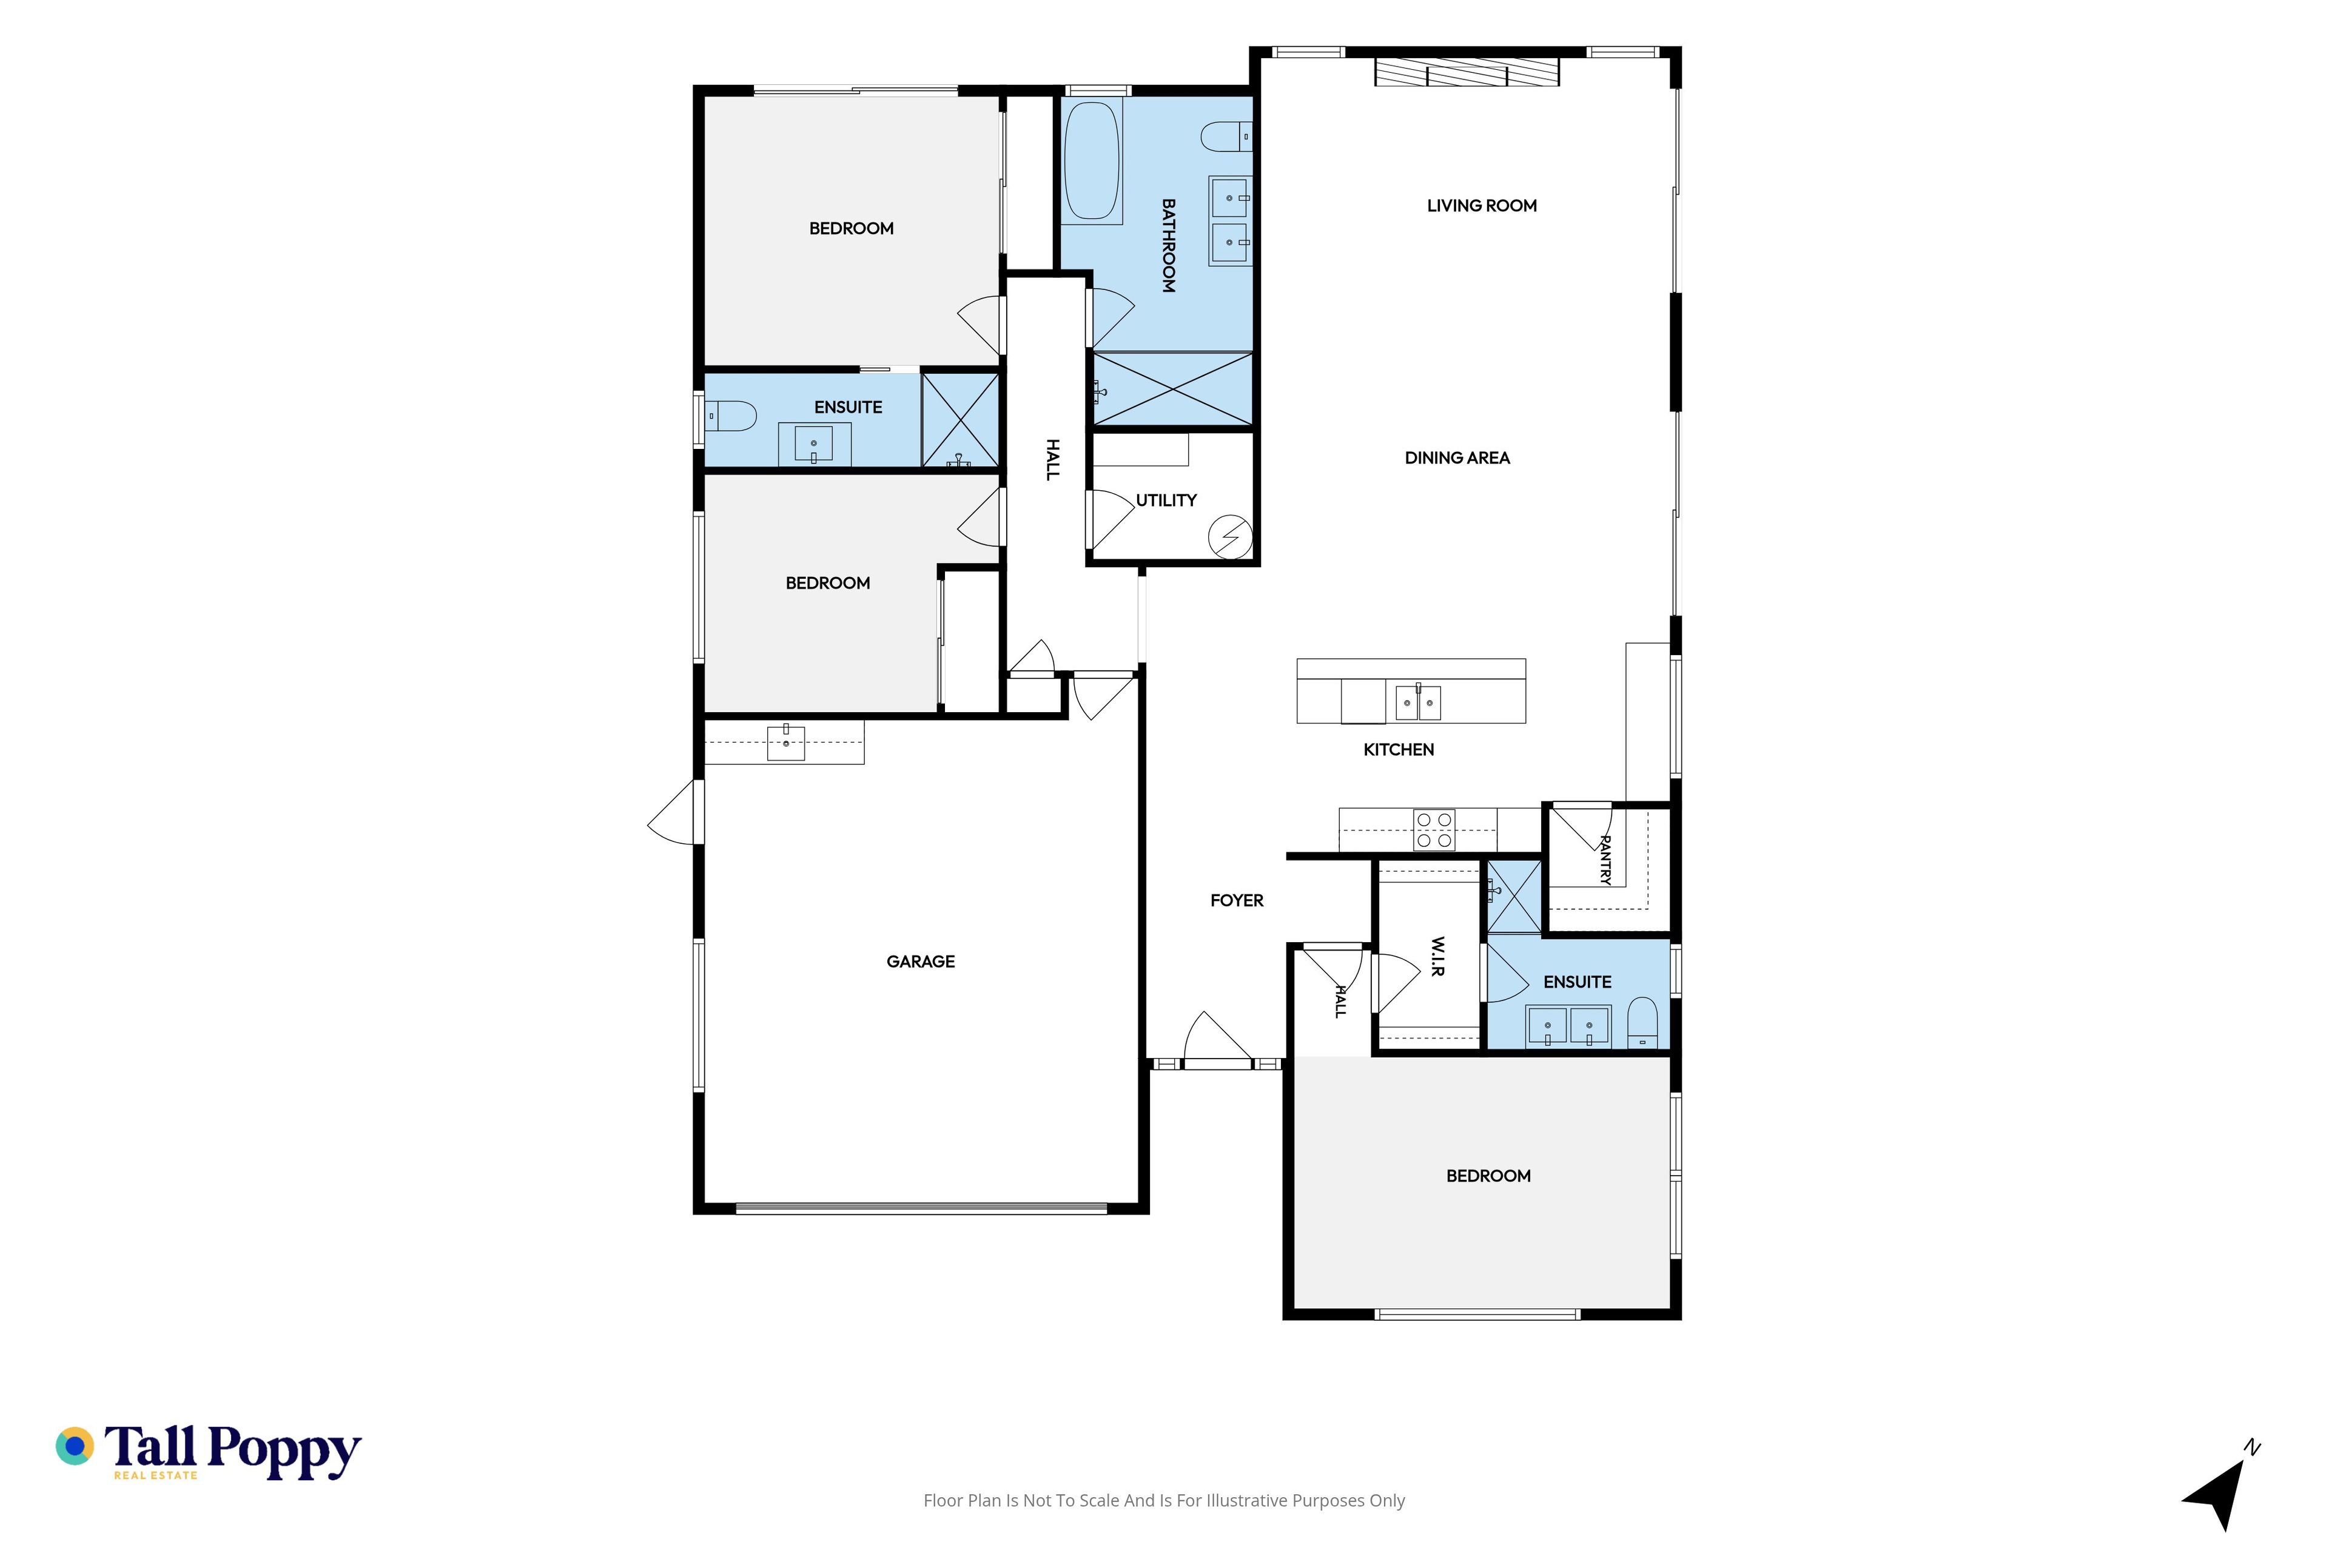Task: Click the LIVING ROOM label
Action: [1481, 206]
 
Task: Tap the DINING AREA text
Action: [1457, 457]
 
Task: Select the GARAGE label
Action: [920, 962]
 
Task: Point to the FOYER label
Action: [1237, 900]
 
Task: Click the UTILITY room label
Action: [1166, 500]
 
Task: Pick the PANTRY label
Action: [1605, 860]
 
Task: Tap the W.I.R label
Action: [1438, 957]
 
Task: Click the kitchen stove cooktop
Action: [1434, 830]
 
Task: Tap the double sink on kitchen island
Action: [1418, 702]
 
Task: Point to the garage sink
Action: [785, 743]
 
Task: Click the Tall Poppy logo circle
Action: [74, 1446]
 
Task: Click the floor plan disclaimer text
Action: [1163, 1500]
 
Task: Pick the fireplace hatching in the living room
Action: [1467, 72]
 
